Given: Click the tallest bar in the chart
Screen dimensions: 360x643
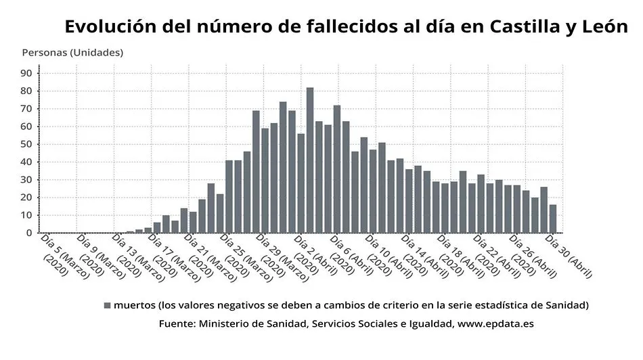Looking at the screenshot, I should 310,160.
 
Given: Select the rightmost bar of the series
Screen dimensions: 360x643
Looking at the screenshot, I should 553,219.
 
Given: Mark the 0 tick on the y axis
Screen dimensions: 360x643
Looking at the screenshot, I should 28,233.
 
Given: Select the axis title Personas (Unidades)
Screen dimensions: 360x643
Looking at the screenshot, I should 72,52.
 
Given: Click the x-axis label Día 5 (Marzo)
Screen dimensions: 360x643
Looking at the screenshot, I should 57,255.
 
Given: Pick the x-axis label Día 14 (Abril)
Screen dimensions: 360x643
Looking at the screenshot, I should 419,256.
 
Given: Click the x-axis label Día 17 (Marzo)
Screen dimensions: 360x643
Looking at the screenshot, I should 165,256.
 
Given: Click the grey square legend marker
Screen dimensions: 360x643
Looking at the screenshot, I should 107,305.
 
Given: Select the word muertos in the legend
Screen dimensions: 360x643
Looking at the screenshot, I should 135,305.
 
